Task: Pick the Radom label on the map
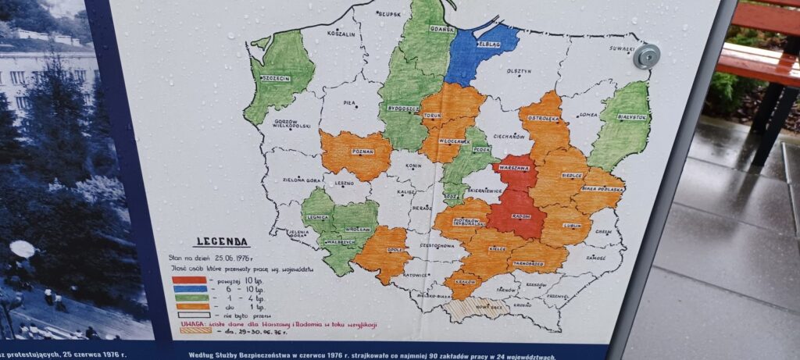point(521,216)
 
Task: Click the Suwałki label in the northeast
point(623,48)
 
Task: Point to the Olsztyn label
point(520,71)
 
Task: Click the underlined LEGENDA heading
point(222,242)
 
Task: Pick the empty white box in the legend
point(195,315)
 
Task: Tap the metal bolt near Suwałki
point(646,55)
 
